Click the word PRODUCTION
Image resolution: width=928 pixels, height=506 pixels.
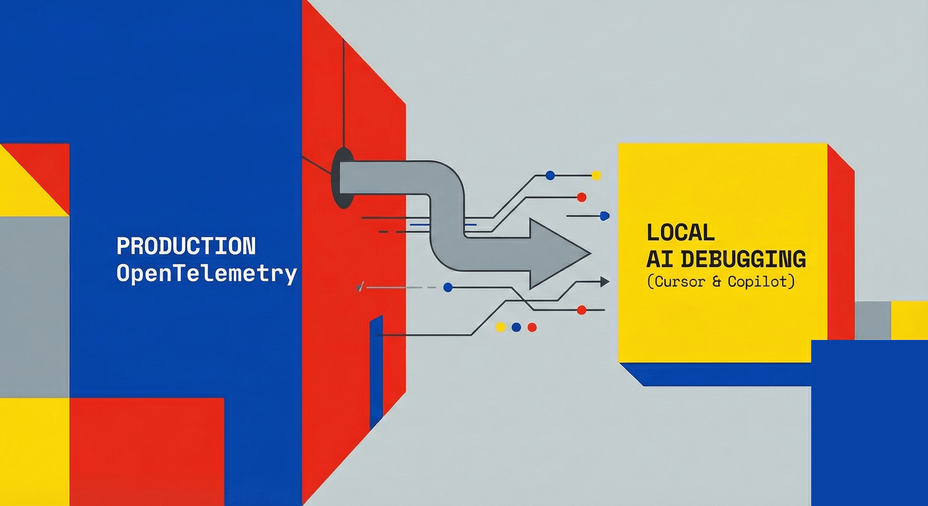point(186,246)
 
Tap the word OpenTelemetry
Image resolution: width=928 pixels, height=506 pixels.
point(206,274)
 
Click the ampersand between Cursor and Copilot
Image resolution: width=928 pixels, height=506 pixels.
point(717,282)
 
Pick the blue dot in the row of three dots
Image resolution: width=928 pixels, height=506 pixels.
point(516,327)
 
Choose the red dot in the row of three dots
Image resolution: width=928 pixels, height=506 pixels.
point(532,327)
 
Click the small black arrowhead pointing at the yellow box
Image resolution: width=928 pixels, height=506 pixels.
point(604,282)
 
